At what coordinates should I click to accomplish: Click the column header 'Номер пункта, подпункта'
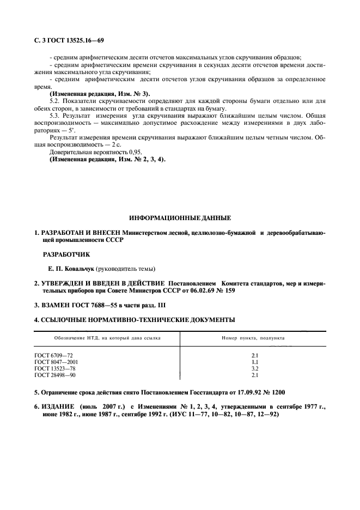pyautogui.click(x=253, y=338)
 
